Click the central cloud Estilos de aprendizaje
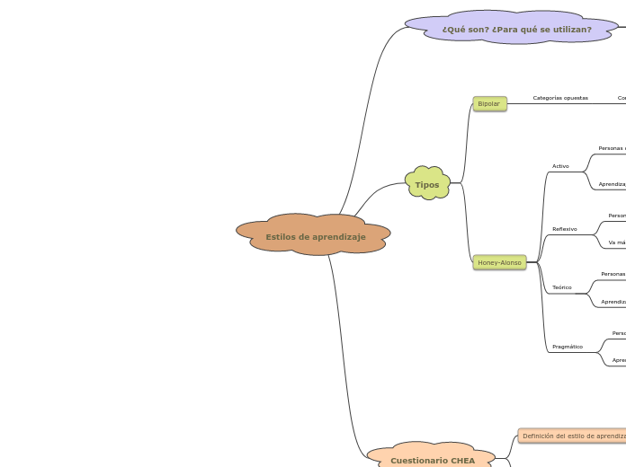pos(315,236)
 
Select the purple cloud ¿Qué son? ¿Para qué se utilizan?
pos(516,30)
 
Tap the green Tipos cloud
pos(427,184)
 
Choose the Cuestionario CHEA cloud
pos(433,460)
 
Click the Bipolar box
pos(489,104)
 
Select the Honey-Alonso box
pos(499,262)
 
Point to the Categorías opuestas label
pos(560,98)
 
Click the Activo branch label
pos(560,166)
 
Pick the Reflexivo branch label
pos(565,229)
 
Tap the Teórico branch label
pos(562,287)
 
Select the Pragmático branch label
pos(568,347)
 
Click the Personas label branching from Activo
pos(612,148)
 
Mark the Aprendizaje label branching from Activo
pos(612,184)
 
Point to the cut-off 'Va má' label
pos(616,242)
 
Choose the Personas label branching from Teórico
pos(613,274)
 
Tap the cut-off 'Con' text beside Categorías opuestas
pos(621,98)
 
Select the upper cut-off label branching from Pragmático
pos(619,333)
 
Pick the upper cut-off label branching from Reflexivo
pos(616,216)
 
